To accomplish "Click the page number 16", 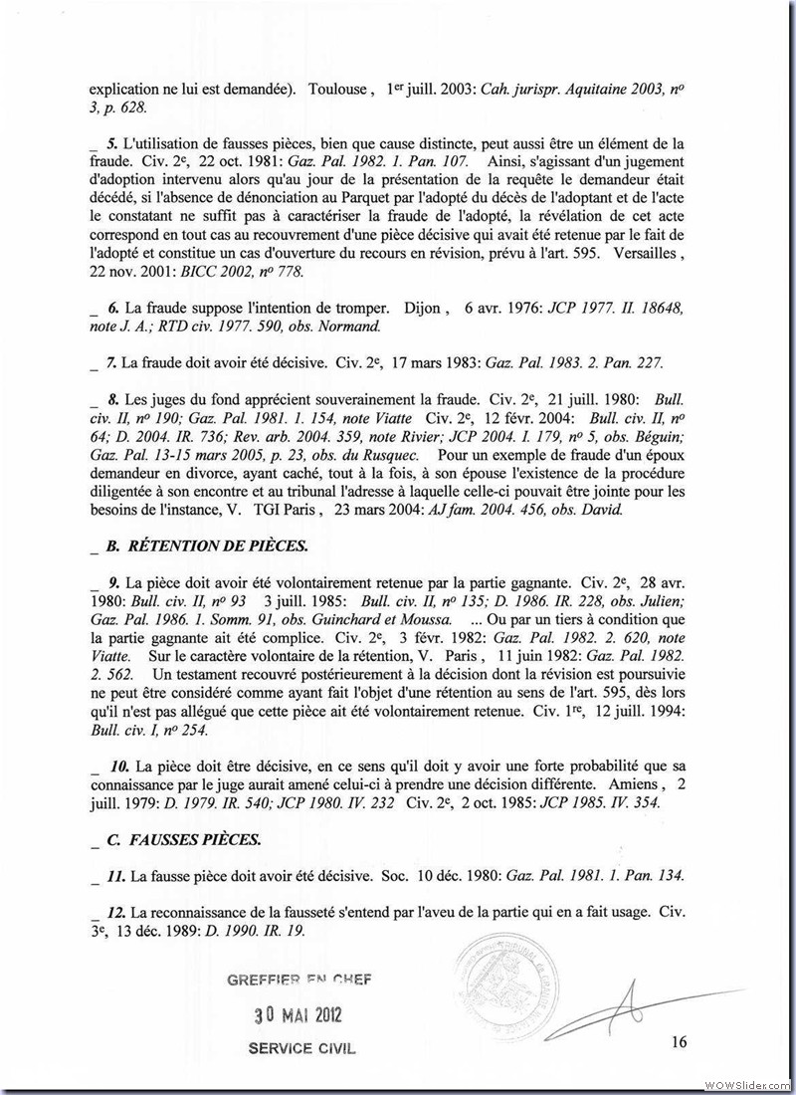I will (x=680, y=1042).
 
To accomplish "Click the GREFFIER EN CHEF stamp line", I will (x=298, y=980).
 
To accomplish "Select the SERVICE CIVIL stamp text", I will (x=300, y=1049).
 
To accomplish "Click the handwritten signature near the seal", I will (x=637, y=1004).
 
